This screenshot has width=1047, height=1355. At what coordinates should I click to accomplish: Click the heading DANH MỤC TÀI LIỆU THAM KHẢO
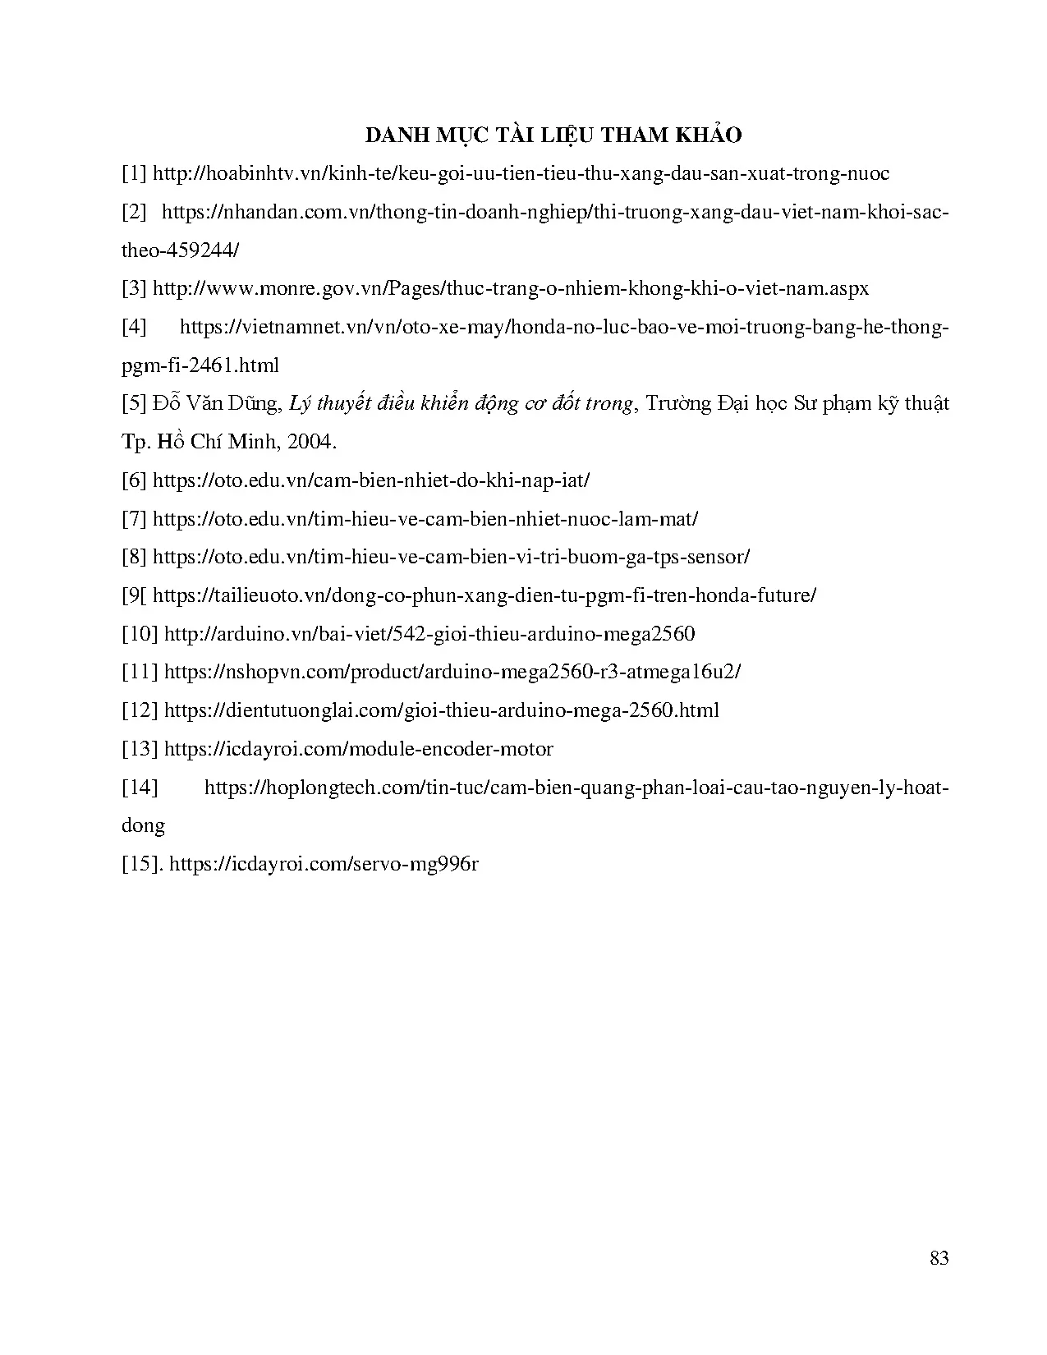coord(553,135)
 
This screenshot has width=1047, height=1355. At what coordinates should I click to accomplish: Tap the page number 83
coord(939,1257)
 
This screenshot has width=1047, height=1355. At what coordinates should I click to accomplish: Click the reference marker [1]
coord(134,174)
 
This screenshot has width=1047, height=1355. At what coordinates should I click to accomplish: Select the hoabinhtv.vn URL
coord(521,174)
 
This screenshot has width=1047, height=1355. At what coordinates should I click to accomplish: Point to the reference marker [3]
coord(134,289)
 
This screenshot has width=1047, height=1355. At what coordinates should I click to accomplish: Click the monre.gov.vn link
coord(511,289)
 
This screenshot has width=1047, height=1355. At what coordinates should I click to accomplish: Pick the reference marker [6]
coord(134,480)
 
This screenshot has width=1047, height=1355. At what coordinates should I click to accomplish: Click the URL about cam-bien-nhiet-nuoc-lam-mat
coord(425,519)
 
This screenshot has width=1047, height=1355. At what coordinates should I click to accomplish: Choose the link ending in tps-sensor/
coord(451,557)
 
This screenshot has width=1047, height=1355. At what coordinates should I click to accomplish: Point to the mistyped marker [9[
coord(134,595)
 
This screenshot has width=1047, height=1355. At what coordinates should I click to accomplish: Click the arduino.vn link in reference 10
coord(429,634)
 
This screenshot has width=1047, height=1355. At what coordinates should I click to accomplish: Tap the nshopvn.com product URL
coord(452,672)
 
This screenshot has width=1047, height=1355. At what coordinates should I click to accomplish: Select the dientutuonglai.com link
coord(442,710)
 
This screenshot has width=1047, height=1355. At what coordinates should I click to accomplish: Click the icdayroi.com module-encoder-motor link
coord(359,749)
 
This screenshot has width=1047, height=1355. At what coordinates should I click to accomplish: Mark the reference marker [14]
coord(140,788)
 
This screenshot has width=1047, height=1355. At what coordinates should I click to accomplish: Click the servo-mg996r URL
coord(324,864)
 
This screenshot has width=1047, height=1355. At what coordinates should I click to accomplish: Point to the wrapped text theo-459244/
coord(180,250)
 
